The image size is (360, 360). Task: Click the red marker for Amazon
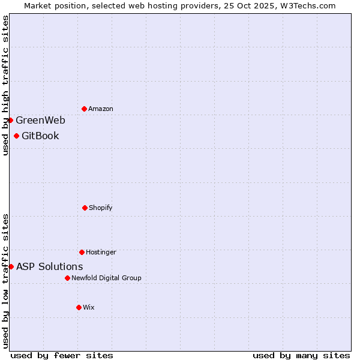coord(84,109)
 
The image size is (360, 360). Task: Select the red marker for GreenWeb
coord(11,120)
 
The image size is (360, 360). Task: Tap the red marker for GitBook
coord(16,136)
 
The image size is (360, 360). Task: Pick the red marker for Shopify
coord(85,208)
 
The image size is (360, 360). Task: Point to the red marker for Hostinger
coord(82,252)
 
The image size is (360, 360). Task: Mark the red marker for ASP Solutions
coord(11,266)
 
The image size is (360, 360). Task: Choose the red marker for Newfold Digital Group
coord(67,278)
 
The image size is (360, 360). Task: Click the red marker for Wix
coord(79,307)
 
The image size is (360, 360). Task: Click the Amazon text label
coord(101,109)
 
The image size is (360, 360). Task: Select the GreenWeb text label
coord(40,120)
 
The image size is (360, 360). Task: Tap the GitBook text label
coord(40,136)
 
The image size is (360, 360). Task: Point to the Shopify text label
coord(101,208)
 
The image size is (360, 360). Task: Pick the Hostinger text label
coord(101,252)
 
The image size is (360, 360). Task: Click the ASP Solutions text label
coord(49,266)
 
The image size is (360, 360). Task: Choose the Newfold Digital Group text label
coord(106,278)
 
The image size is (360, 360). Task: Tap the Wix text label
coord(89,307)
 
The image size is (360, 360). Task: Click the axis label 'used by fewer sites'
coord(62,355)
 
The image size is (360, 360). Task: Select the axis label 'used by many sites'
coord(301,355)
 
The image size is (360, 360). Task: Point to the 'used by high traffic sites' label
coord(5,86)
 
